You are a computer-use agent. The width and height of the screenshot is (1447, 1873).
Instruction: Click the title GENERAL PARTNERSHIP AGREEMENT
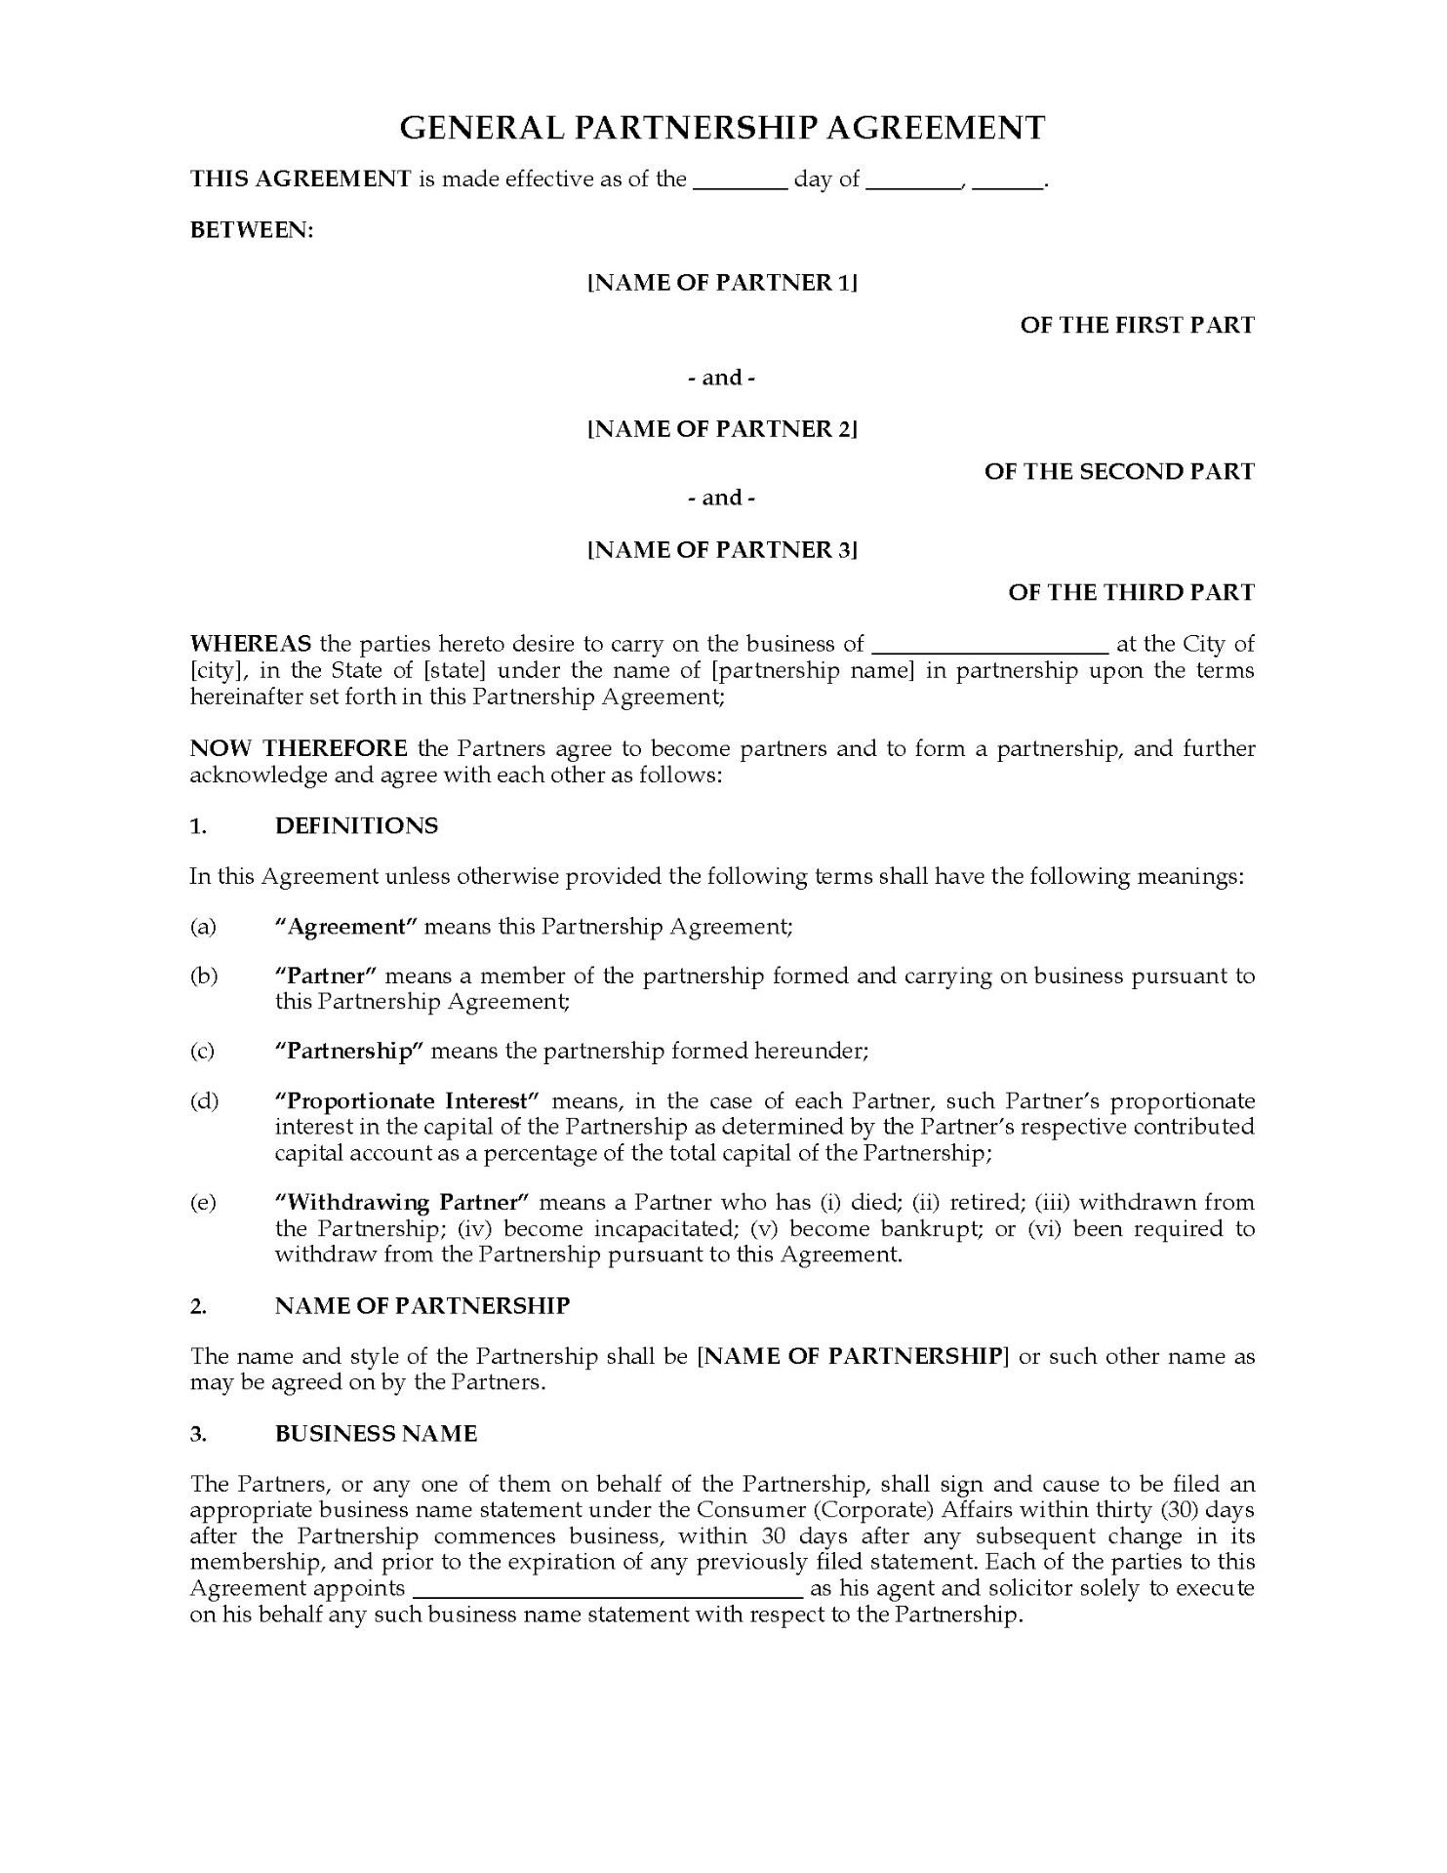722,128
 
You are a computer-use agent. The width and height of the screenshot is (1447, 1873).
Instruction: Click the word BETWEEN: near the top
252,230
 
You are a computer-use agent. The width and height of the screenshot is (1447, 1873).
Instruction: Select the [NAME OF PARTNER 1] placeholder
722,283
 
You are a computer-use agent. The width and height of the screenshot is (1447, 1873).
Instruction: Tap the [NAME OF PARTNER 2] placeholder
722,429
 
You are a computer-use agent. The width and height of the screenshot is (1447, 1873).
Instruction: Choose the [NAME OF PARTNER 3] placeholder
722,550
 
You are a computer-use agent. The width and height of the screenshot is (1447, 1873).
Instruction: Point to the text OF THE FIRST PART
1137,325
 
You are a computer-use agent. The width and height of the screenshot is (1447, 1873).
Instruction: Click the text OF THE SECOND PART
1119,472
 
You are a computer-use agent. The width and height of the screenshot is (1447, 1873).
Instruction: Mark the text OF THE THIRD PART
1131,592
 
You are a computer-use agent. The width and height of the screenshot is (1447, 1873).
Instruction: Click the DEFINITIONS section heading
356,826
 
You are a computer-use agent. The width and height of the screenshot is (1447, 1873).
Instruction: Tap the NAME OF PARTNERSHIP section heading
422,1306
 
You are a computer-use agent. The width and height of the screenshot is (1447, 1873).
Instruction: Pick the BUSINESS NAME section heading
376,1434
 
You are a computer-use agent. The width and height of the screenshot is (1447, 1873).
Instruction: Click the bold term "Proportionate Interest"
408,1101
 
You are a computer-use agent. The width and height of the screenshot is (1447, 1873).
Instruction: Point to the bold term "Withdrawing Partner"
402,1203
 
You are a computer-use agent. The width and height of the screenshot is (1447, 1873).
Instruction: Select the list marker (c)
202,1052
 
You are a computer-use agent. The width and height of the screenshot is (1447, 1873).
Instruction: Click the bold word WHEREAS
251,644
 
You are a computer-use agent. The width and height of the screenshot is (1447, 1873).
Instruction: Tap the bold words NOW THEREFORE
299,749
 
